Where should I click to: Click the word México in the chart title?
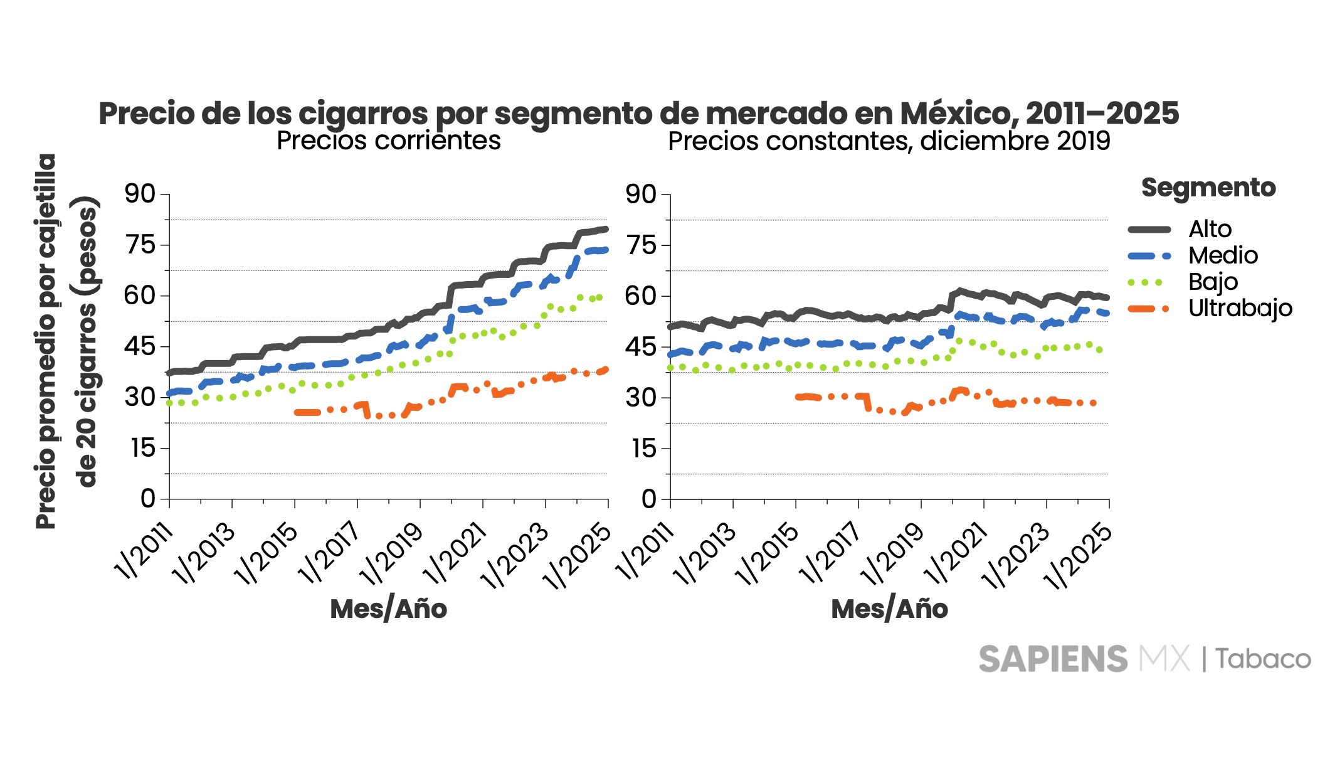(x=958, y=114)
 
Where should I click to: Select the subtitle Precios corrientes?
(x=389, y=141)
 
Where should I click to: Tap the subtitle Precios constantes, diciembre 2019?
(x=889, y=141)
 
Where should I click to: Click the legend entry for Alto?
(x=1210, y=229)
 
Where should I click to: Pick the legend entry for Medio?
(x=1223, y=255)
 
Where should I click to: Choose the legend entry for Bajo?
(x=1213, y=282)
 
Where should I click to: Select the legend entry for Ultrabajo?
(x=1240, y=308)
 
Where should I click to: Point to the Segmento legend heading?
(x=1208, y=188)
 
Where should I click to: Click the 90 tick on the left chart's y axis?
(x=140, y=194)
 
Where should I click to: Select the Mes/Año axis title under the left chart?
(x=389, y=609)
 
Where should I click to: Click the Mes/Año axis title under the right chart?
(x=889, y=609)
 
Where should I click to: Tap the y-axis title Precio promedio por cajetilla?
(x=47, y=341)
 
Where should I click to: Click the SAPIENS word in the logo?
(x=1053, y=659)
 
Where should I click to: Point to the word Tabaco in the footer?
(x=1263, y=659)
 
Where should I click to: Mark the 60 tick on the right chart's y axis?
(x=641, y=296)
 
